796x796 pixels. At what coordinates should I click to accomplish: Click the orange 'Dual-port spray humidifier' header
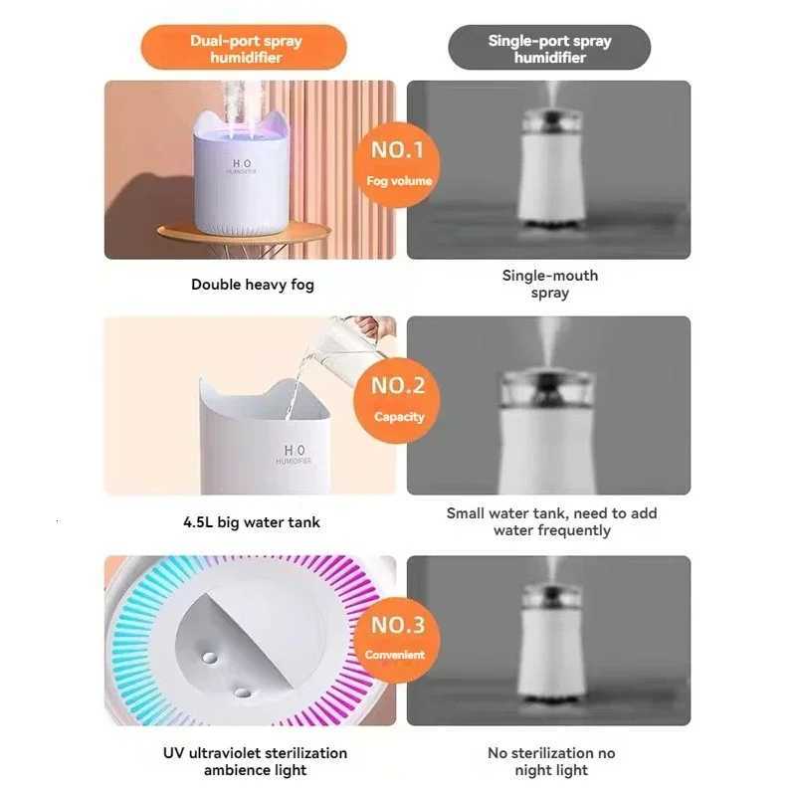(x=245, y=48)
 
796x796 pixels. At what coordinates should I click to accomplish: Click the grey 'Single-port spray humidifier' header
(x=549, y=48)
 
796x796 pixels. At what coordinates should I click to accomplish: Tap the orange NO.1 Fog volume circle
(x=398, y=162)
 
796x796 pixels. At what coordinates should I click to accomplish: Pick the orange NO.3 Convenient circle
(x=398, y=637)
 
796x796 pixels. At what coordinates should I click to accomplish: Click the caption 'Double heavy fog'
(x=252, y=285)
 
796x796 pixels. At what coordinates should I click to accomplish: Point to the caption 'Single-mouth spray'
(x=549, y=284)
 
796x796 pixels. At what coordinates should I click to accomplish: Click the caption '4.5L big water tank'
(x=252, y=521)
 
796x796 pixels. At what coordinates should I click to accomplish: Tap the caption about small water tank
(x=551, y=521)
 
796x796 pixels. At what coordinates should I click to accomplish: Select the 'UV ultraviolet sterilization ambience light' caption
(x=256, y=761)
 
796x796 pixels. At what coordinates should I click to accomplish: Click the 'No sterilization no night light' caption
(x=551, y=761)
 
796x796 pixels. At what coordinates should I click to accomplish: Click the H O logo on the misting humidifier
(x=242, y=165)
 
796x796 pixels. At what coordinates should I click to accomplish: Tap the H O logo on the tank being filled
(x=296, y=454)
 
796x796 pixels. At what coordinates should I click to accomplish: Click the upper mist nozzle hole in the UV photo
(x=209, y=658)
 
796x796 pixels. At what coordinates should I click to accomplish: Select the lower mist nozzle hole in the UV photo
(x=241, y=690)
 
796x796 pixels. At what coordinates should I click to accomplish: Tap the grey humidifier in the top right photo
(x=549, y=169)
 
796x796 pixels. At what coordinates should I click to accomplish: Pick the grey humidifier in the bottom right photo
(x=549, y=647)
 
